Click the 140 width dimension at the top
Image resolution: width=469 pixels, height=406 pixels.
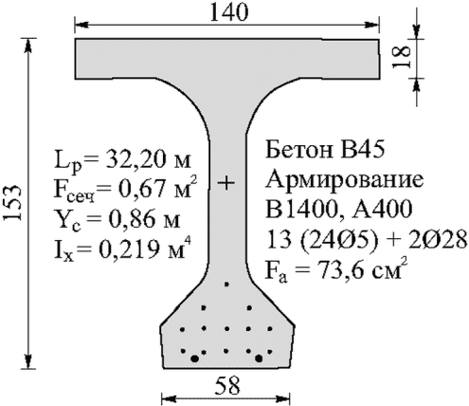229,13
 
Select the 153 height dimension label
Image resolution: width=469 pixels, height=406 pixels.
13,202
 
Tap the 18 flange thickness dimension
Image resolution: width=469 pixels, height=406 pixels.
401,57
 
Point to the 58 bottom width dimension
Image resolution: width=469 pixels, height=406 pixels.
226,386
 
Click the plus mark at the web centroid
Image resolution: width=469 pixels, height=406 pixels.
226,183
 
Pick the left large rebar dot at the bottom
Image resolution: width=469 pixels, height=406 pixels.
195,359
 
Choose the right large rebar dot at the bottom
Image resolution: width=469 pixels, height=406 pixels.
259,359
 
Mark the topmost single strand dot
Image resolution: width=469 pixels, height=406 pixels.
226,285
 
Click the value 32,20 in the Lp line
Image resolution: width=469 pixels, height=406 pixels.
131,160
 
